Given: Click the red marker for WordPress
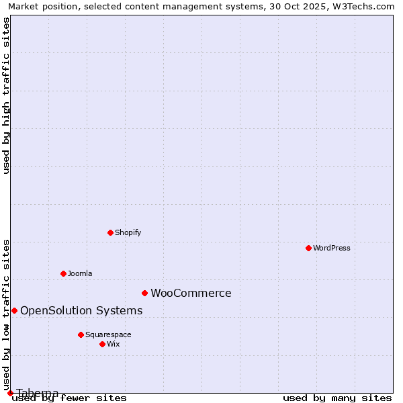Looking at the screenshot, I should (308, 248).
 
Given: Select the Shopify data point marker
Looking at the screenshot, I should (110, 232).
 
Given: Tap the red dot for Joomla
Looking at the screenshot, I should (63, 273).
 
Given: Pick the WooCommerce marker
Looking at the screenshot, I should (144, 293).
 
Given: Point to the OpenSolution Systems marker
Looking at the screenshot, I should (14, 310).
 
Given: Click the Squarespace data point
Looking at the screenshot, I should (81, 334).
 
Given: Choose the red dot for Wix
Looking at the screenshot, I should (102, 344).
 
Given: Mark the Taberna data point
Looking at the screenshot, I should (10, 393).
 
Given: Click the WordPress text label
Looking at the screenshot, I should (332, 248).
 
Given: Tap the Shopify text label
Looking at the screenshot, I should (128, 232).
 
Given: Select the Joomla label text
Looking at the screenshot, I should (80, 273).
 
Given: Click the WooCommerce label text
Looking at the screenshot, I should (191, 293).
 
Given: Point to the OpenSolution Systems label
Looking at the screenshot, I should (81, 310).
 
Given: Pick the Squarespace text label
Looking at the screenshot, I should (108, 334).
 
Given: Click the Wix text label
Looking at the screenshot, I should (113, 344).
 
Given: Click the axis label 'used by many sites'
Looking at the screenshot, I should (337, 398).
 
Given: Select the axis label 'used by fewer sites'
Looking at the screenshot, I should (70, 398).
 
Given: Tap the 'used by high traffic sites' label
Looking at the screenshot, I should (7, 95).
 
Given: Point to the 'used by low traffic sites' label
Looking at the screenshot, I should (7, 310).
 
